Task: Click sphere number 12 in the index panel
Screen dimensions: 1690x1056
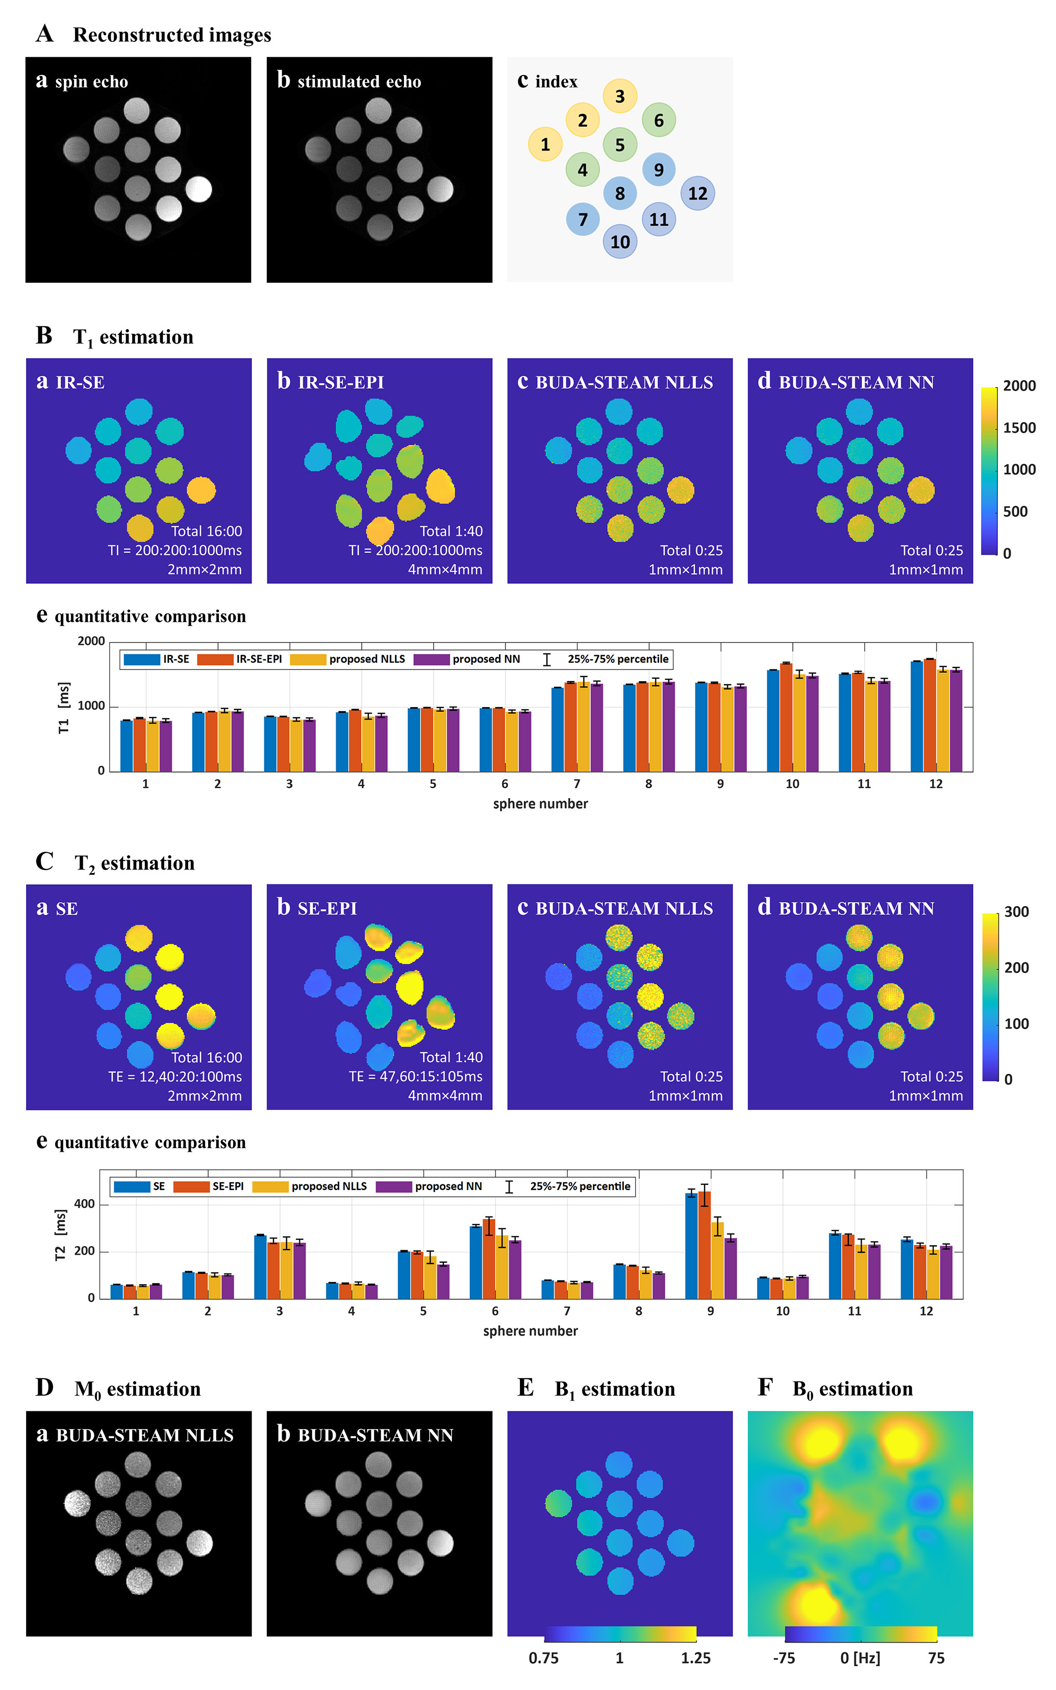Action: pyautogui.click(x=697, y=193)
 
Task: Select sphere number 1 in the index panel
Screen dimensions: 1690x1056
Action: pyautogui.click(x=545, y=144)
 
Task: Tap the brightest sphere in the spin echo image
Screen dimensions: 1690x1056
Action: pyautogui.click(x=198, y=189)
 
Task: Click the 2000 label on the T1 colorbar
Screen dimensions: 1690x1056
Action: pyautogui.click(x=1019, y=386)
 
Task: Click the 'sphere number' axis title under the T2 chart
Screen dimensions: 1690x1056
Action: pyautogui.click(x=530, y=1331)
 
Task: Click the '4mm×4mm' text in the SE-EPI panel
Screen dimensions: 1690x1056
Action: pyautogui.click(x=445, y=1096)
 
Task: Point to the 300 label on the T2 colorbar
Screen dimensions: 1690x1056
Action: pyautogui.click(x=1016, y=912)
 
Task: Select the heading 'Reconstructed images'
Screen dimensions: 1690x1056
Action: pyautogui.click(x=172, y=35)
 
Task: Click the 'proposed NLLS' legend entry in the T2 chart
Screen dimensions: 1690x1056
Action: pyautogui.click(x=328, y=1186)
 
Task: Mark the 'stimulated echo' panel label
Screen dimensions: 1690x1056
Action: pyautogui.click(x=359, y=82)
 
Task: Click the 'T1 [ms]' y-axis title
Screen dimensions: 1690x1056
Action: pyautogui.click(x=64, y=707)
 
